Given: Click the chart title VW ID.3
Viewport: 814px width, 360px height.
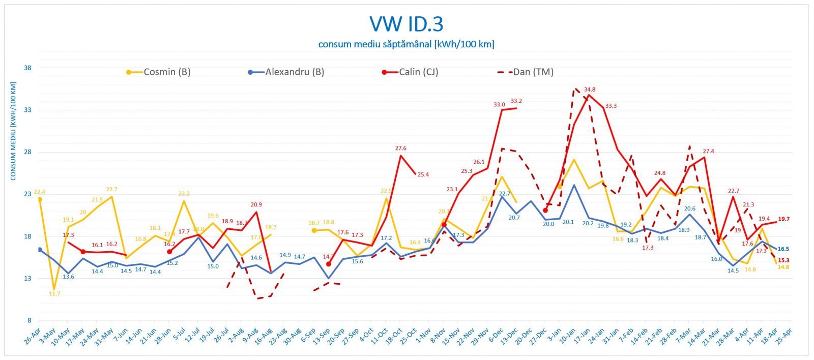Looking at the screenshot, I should [x=406, y=24].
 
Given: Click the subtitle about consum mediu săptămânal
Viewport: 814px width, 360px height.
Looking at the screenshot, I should [x=406, y=44].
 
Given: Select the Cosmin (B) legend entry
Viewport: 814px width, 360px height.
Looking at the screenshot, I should [x=166, y=72].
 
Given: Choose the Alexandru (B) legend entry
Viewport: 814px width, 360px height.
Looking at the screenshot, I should [x=294, y=72].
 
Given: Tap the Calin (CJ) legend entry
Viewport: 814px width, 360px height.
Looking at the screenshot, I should [x=418, y=72].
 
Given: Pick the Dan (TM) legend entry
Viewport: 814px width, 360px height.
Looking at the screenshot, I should [x=533, y=72].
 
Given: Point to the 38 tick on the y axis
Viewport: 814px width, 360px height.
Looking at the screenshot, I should [x=27, y=68].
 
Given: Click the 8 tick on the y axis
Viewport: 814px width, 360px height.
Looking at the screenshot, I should [x=29, y=320].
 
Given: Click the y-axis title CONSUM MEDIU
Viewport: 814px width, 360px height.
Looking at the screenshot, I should [x=13, y=131].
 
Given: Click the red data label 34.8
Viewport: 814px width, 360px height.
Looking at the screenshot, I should [x=590, y=90].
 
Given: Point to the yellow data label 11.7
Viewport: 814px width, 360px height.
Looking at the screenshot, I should [x=54, y=294].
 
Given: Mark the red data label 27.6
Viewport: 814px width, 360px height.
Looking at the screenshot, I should [x=401, y=148].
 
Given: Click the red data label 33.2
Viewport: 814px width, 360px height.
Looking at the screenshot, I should [x=516, y=101].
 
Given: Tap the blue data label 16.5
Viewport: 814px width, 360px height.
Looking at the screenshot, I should [x=783, y=249].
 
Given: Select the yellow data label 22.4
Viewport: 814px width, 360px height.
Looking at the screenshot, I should [x=39, y=192].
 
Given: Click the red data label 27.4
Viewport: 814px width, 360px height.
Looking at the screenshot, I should [x=708, y=152].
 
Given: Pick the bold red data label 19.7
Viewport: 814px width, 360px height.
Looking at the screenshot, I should [x=783, y=219].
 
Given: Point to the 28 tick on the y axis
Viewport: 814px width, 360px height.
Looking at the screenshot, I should [x=27, y=152].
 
